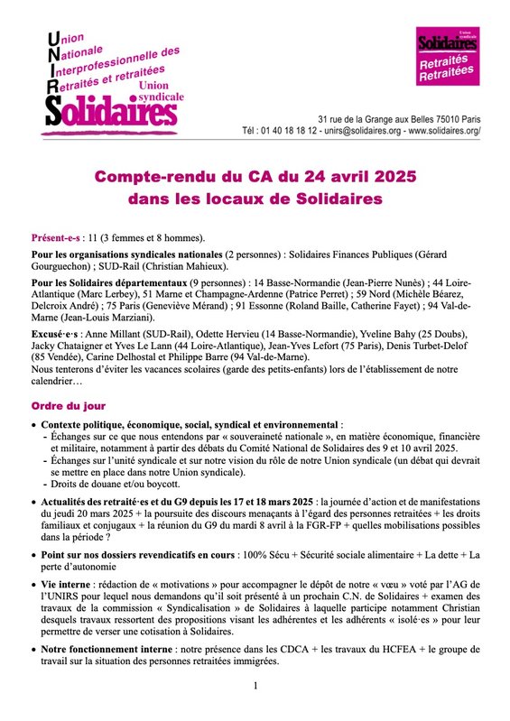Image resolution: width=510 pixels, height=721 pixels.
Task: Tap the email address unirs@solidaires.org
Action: [347, 131]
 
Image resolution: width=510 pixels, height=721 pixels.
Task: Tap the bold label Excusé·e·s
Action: [56, 334]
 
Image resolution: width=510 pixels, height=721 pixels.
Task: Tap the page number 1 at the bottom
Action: [255, 687]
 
